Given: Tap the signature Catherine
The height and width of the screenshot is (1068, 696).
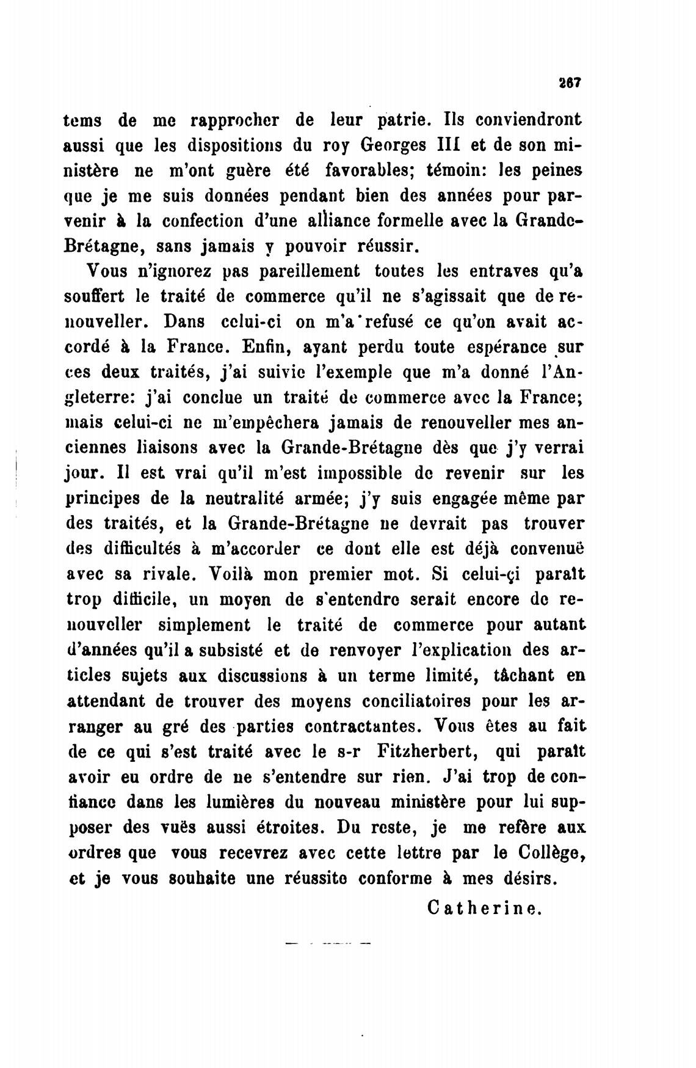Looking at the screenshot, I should [485, 907].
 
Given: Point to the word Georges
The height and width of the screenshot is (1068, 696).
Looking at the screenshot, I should [389, 147].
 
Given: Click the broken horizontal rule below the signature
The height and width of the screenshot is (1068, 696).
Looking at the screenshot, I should [328, 943].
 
